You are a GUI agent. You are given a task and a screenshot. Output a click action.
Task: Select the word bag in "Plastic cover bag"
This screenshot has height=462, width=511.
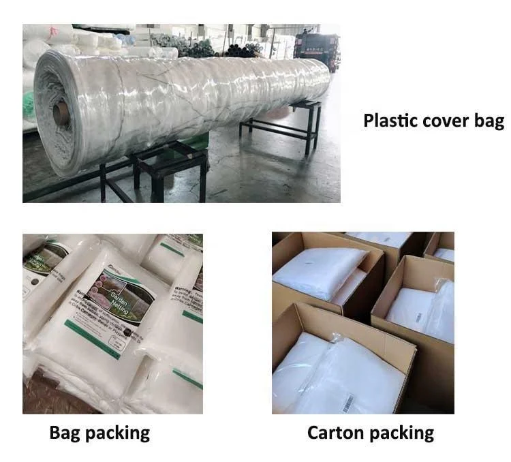tap(489, 122)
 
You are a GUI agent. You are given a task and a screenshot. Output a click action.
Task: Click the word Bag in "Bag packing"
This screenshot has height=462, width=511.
tap(65, 433)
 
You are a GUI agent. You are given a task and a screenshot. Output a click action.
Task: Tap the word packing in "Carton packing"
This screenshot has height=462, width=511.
tap(401, 433)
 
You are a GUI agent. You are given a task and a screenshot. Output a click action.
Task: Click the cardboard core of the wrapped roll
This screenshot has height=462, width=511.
tap(61, 113)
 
